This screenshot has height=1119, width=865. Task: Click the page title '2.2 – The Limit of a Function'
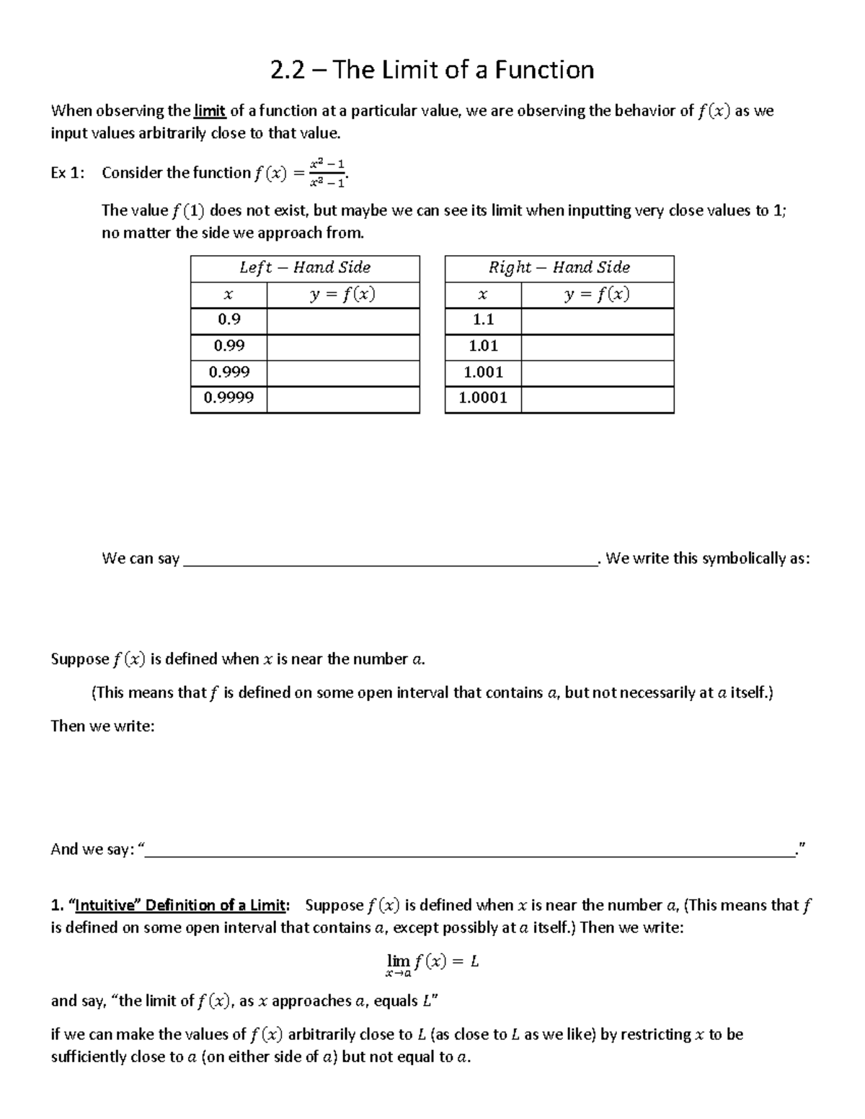pos(432,70)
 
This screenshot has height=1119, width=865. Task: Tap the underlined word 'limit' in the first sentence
pos(210,111)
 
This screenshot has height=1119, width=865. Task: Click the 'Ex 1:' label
pos(68,173)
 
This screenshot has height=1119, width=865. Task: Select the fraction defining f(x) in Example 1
pos(327,173)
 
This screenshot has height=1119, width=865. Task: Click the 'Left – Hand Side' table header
pos(305,268)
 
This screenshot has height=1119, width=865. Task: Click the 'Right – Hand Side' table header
pos(559,268)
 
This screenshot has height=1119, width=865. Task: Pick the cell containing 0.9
pos(229,319)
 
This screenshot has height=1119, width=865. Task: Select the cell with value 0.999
pos(229,372)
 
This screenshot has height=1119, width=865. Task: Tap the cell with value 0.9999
pos(229,398)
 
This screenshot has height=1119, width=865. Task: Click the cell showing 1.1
pos(483,319)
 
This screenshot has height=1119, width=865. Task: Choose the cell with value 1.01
pos(483,346)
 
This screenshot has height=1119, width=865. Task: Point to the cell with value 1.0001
pos(483,398)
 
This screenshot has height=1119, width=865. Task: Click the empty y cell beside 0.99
pos(343,346)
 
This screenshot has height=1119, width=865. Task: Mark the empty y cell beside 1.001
pos(597,372)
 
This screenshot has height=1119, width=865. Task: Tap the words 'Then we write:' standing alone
pos(102,726)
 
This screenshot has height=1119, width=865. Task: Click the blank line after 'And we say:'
pos(469,850)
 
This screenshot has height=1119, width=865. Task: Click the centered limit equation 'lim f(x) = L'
pos(432,963)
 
